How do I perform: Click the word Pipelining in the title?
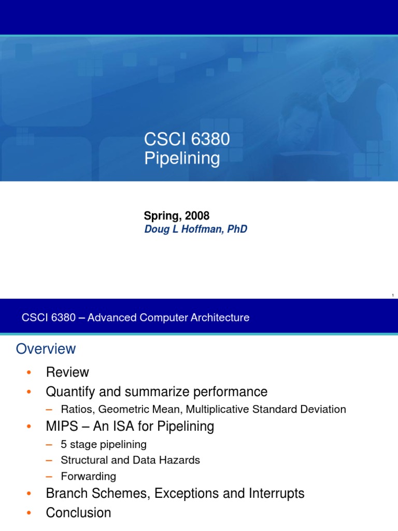point(181,159)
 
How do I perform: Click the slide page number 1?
point(393,296)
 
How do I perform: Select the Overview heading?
point(46,349)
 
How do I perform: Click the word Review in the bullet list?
point(67,372)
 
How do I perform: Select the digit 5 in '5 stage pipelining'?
point(63,444)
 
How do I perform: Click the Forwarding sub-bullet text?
point(88,476)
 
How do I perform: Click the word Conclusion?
point(78,513)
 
